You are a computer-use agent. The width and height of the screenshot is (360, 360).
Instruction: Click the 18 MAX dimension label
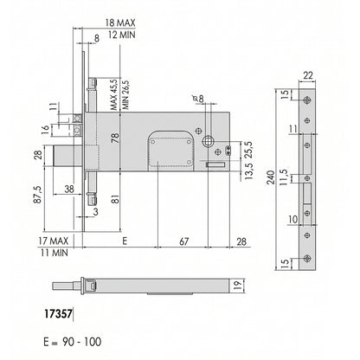click(x=120, y=23)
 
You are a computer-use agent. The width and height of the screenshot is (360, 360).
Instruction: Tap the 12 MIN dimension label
click(x=121, y=35)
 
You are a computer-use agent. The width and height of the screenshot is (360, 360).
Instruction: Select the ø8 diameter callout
click(x=198, y=99)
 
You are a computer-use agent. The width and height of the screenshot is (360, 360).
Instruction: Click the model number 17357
click(x=58, y=314)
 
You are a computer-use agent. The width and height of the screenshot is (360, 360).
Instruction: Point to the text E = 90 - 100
click(x=73, y=342)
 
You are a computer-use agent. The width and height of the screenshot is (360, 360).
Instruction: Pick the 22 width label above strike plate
click(x=308, y=76)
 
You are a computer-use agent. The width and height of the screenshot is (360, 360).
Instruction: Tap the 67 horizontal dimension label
click(x=183, y=241)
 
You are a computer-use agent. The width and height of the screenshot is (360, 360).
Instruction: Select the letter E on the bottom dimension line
click(x=125, y=241)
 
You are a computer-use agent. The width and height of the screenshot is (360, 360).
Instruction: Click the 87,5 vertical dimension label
click(x=39, y=195)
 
